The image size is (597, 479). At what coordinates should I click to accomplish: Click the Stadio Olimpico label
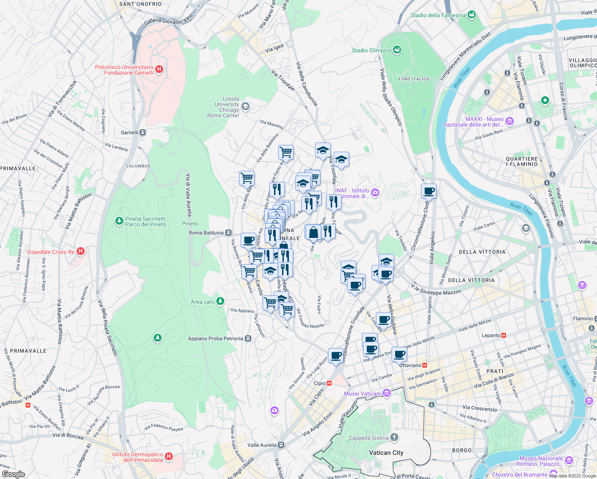(372, 50)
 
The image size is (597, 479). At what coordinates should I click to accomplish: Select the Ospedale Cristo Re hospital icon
(81, 251)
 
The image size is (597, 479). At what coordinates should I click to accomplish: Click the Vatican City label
(386, 453)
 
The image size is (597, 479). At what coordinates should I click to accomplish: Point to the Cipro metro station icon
(330, 383)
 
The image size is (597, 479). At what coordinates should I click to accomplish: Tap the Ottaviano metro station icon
(425, 365)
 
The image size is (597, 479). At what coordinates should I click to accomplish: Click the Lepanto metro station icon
(504, 335)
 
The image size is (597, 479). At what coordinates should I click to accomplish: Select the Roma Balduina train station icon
(228, 233)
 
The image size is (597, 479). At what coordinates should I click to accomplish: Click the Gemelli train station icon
(142, 133)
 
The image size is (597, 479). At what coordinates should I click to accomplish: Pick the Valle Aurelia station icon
(281, 445)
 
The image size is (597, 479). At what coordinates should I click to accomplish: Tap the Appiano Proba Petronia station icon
(248, 338)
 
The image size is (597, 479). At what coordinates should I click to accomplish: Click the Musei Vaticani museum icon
(386, 394)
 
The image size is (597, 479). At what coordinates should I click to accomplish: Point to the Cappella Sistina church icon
(394, 438)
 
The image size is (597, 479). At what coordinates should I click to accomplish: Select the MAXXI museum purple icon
(509, 121)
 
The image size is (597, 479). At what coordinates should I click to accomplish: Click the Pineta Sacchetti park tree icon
(119, 221)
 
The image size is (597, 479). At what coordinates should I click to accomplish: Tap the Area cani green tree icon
(220, 301)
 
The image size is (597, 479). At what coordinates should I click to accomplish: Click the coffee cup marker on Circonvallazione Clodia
(429, 191)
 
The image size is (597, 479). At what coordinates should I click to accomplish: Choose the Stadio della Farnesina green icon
(472, 15)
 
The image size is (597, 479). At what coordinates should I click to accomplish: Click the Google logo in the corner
(13, 474)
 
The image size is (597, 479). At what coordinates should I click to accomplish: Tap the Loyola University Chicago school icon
(245, 107)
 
